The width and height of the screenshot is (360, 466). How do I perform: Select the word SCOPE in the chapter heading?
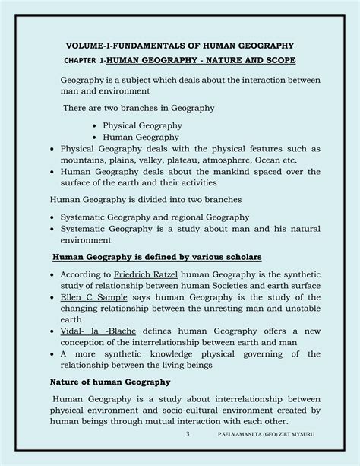(277, 59)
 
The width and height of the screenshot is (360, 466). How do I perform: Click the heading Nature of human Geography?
(112, 381)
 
